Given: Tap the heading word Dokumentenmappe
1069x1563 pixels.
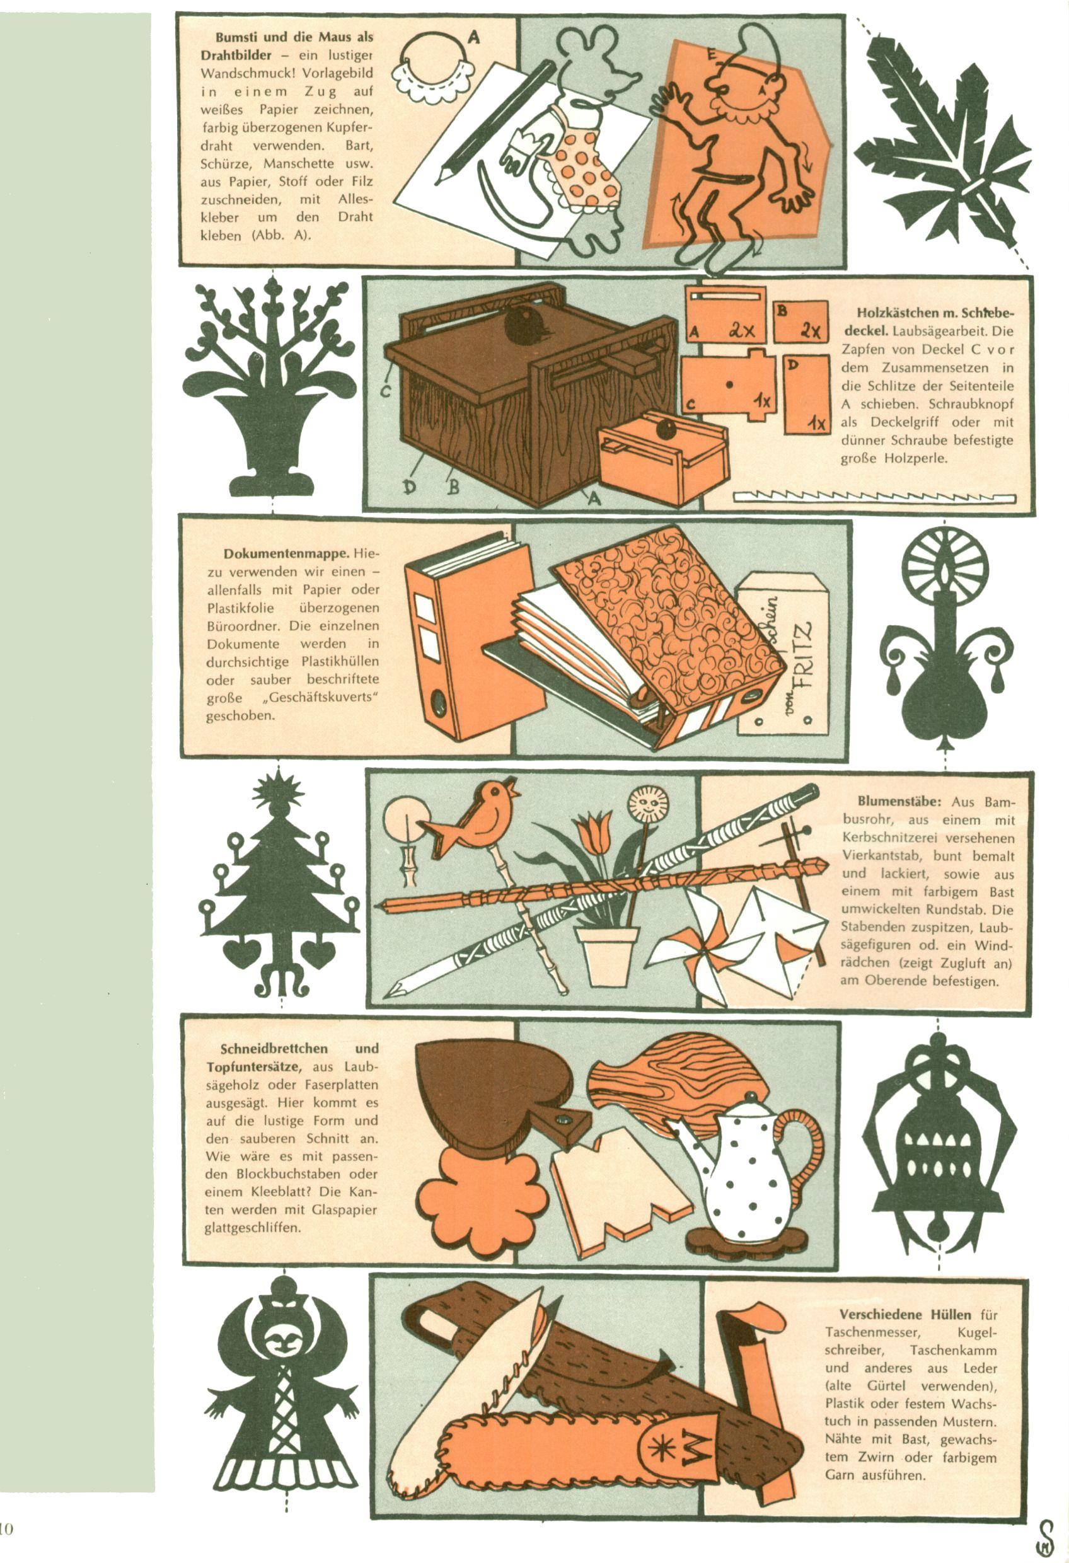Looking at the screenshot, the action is click(x=286, y=553).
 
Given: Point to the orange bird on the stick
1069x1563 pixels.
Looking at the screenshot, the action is click(x=471, y=819).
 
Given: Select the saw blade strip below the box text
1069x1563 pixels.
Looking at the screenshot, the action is click(x=875, y=497).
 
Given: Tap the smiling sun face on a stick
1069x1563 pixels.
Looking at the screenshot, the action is click(x=649, y=804).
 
